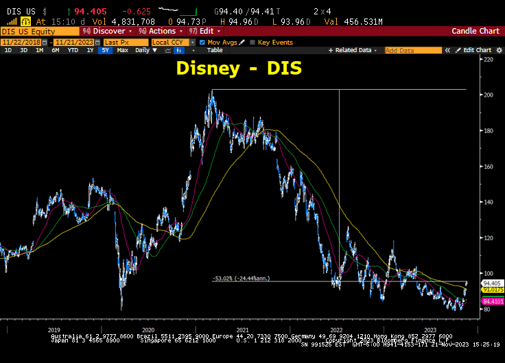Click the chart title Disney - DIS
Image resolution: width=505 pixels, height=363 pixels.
(x=239, y=68)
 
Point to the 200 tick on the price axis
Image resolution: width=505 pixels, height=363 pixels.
(x=489, y=95)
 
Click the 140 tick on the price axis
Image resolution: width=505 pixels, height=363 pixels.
(x=489, y=202)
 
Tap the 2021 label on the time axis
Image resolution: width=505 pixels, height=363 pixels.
(x=242, y=330)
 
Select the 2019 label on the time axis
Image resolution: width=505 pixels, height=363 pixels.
(x=54, y=330)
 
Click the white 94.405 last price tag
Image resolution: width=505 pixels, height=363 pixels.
(x=493, y=283)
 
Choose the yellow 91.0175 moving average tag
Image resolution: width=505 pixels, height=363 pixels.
(x=493, y=290)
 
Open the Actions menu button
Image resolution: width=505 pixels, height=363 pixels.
(x=160, y=32)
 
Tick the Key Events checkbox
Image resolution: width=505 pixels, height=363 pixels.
(x=252, y=43)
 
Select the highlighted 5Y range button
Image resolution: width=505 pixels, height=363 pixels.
(x=105, y=50)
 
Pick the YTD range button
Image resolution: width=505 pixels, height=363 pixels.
(x=72, y=50)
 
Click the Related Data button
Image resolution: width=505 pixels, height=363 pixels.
(x=355, y=50)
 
